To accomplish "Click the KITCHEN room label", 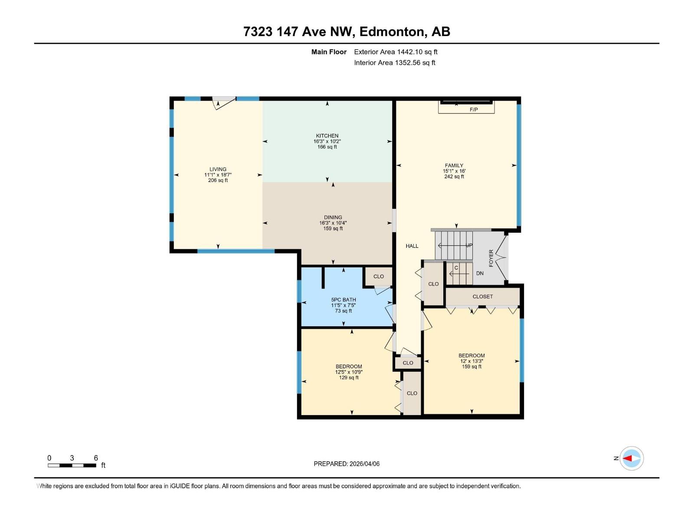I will point(327,136).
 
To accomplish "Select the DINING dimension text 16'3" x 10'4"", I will point(333,223).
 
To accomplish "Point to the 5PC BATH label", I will point(344,299).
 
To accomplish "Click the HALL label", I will point(412,246).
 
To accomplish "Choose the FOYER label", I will point(491,258).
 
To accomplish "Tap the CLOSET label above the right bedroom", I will point(483,297).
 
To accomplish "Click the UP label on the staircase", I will point(469,245).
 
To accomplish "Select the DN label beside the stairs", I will point(480,273).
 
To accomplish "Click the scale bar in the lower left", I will point(72,465).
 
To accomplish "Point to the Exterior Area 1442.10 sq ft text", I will point(396,52).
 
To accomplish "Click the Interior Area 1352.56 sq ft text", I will point(394,63).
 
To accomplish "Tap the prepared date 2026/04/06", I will point(364,464).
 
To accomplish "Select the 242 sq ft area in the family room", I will point(454,177).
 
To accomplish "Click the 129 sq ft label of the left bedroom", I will point(349,378).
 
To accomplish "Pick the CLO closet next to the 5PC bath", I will point(378,276).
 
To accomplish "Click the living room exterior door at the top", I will point(224,103).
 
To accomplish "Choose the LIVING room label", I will point(218,169).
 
